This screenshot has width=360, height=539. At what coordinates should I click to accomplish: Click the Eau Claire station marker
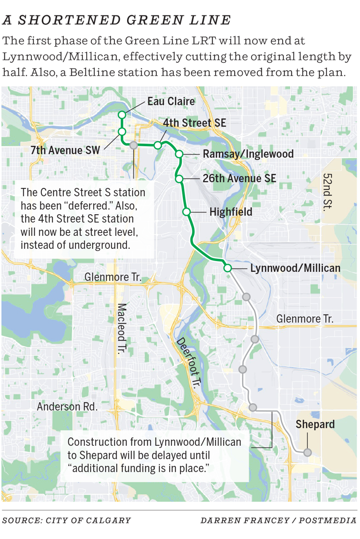point(121,115)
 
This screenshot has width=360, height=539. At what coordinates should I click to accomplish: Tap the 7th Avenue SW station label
point(65,150)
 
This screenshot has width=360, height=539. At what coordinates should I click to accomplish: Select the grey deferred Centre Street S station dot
point(134,145)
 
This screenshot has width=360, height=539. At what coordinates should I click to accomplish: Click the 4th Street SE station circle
point(158,145)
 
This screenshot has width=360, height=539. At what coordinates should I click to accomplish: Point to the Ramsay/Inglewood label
point(248,154)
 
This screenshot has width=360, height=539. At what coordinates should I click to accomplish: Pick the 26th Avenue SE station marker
point(179,179)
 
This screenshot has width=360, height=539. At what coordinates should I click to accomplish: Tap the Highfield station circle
point(186,212)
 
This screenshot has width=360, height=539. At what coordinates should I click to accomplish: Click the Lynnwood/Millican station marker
point(227,268)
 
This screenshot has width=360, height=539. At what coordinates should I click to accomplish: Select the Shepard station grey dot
point(307,452)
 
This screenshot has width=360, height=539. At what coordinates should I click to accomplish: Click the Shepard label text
point(315,425)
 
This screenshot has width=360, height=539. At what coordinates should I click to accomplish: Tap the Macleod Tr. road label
point(121,329)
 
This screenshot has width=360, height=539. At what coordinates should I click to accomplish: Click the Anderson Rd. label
point(67,407)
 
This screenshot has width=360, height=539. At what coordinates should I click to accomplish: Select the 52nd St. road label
point(327,192)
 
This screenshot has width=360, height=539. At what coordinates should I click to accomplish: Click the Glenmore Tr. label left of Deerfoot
point(113,277)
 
